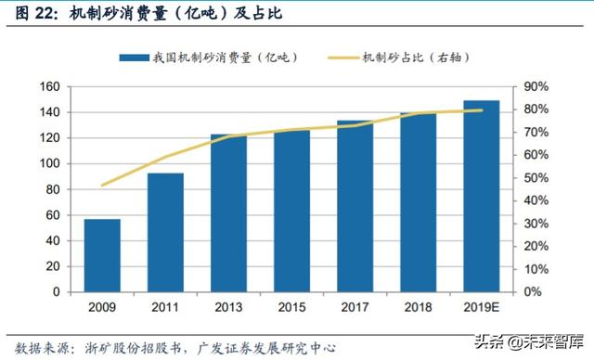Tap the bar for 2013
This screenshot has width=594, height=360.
(x=228, y=212)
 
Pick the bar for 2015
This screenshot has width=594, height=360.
(x=291, y=211)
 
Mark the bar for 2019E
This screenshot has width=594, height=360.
(x=482, y=196)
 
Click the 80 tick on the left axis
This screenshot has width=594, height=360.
(x=53, y=189)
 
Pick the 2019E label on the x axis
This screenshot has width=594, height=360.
(x=482, y=308)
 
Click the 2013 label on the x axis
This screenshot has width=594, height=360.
(x=228, y=308)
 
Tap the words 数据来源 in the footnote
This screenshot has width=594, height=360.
(x=32, y=347)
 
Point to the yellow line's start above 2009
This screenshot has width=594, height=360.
(x=102, y=185)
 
